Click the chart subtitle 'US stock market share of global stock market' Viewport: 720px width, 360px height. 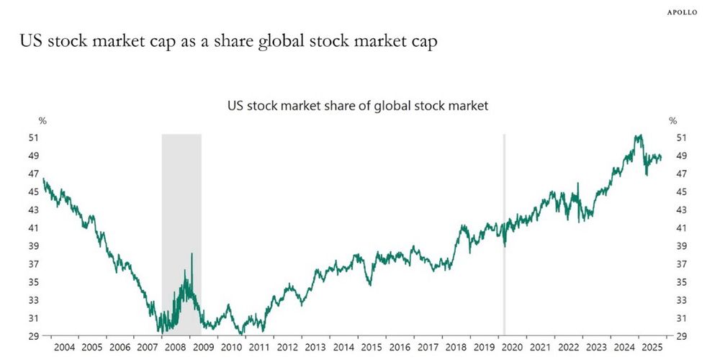358,105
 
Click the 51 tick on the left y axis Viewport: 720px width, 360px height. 34,138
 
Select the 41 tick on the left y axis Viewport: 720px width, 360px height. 34,228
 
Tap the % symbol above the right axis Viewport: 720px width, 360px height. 673,121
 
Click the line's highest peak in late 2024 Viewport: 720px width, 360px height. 638,135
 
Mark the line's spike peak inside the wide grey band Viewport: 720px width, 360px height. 192,253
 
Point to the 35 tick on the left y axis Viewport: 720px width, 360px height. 34,282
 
